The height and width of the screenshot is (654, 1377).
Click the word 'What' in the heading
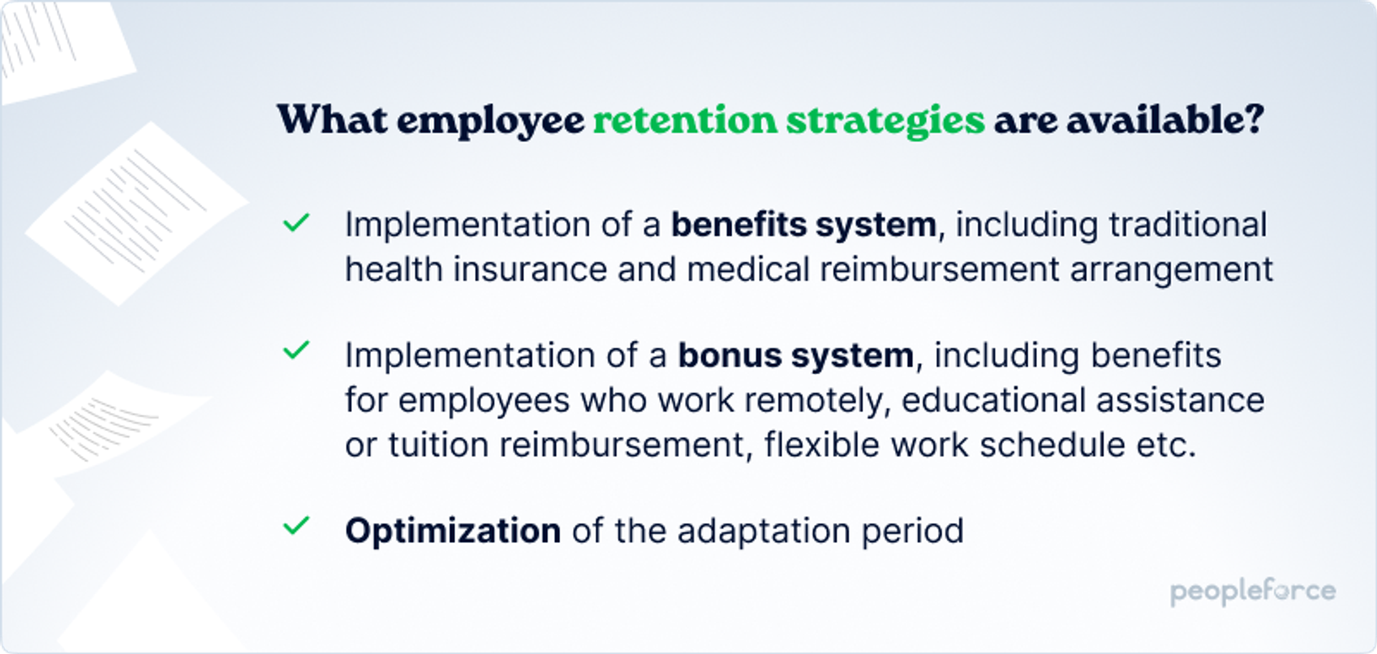click(x=332, y=119)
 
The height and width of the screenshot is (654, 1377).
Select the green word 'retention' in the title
click(x=685, y=119)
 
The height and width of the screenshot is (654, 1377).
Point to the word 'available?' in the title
click(x=1165, y=119)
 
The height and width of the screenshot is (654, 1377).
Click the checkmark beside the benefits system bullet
click(x=295, y=223)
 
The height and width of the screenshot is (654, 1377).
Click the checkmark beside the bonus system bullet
click(x=295, y=351)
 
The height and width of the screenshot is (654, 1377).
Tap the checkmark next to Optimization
click(x=295, y=526)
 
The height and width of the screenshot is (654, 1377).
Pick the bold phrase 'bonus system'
click(x=796, y=356)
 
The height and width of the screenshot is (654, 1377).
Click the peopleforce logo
click(x=1253, y=592)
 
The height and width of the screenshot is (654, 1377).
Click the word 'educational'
click(x=993, y=400)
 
